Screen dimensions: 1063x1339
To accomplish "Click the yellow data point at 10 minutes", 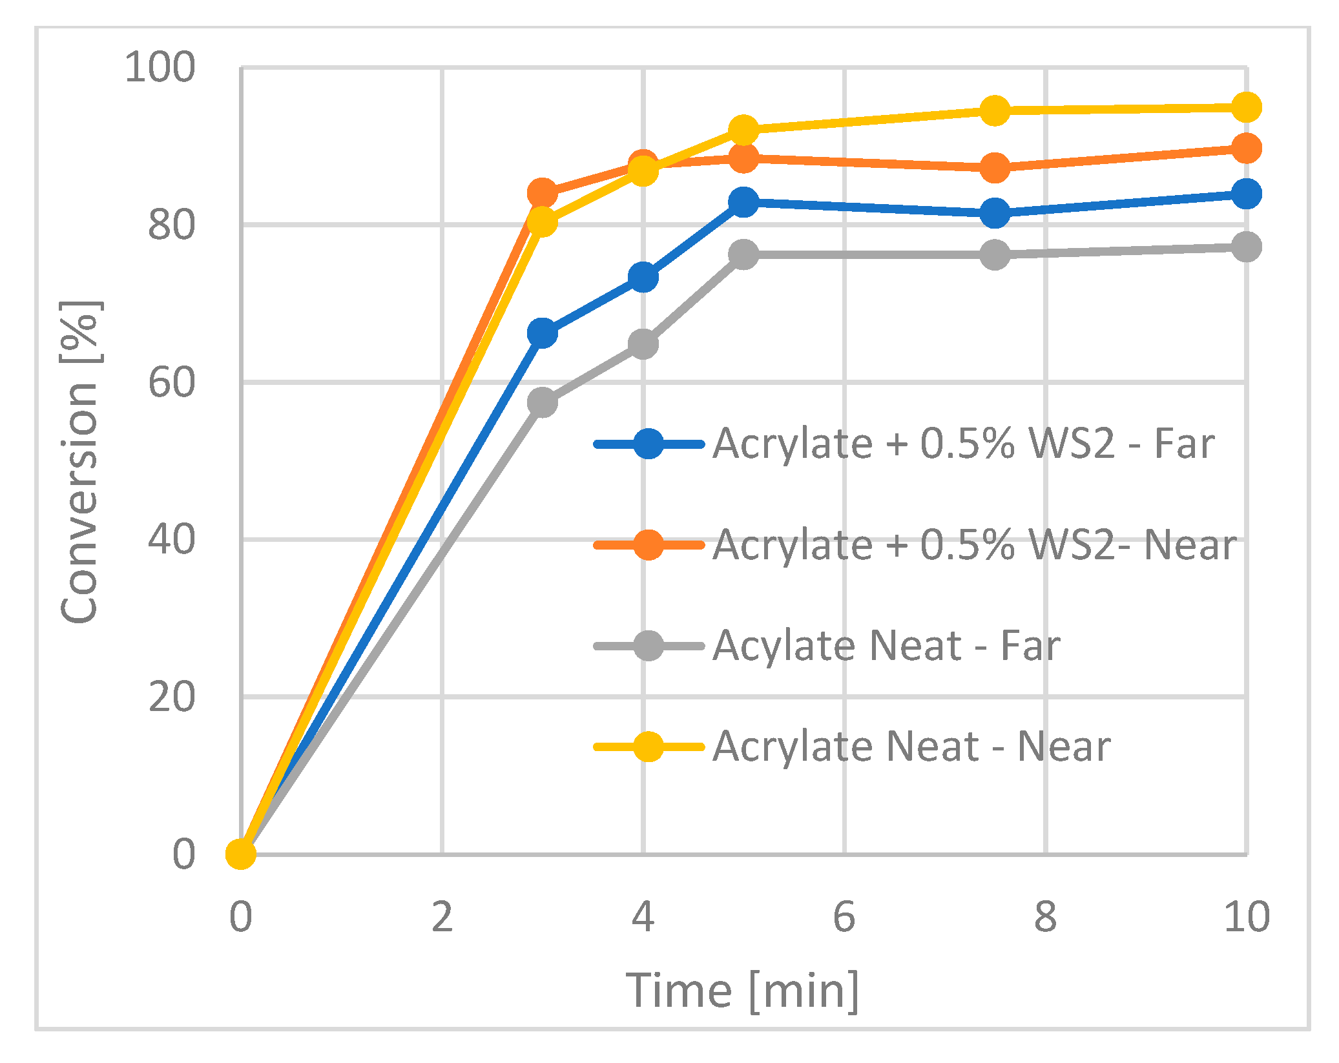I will point(1246,107).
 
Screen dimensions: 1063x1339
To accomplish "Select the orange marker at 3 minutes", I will point(542,192).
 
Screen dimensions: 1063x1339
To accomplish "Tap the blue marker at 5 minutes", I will point(743,202).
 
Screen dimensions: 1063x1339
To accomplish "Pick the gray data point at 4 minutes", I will point(643,344).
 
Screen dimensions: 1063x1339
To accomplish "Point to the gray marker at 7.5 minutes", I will point(995,254).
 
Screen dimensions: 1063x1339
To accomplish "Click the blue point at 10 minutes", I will point(1246,194).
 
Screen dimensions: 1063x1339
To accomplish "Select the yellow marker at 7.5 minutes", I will point(995,110).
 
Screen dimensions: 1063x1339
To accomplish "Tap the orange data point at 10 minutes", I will point(1246,149).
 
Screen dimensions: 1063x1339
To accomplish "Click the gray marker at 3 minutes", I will point(542,402).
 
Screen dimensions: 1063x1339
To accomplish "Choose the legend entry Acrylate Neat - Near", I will point(911,747).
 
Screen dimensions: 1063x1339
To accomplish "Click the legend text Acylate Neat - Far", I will point(886,646).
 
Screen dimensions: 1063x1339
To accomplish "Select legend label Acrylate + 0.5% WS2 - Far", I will point(963,444).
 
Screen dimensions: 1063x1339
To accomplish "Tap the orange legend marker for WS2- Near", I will point(648,545).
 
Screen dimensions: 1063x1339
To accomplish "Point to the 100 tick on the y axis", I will point(160,67).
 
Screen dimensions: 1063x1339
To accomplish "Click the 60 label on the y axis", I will point(171,382).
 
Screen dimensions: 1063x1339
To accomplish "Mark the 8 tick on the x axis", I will point(1045,916).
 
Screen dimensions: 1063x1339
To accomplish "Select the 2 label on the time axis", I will point(442,916).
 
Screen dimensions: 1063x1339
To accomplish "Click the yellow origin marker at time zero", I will point(241,854).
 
